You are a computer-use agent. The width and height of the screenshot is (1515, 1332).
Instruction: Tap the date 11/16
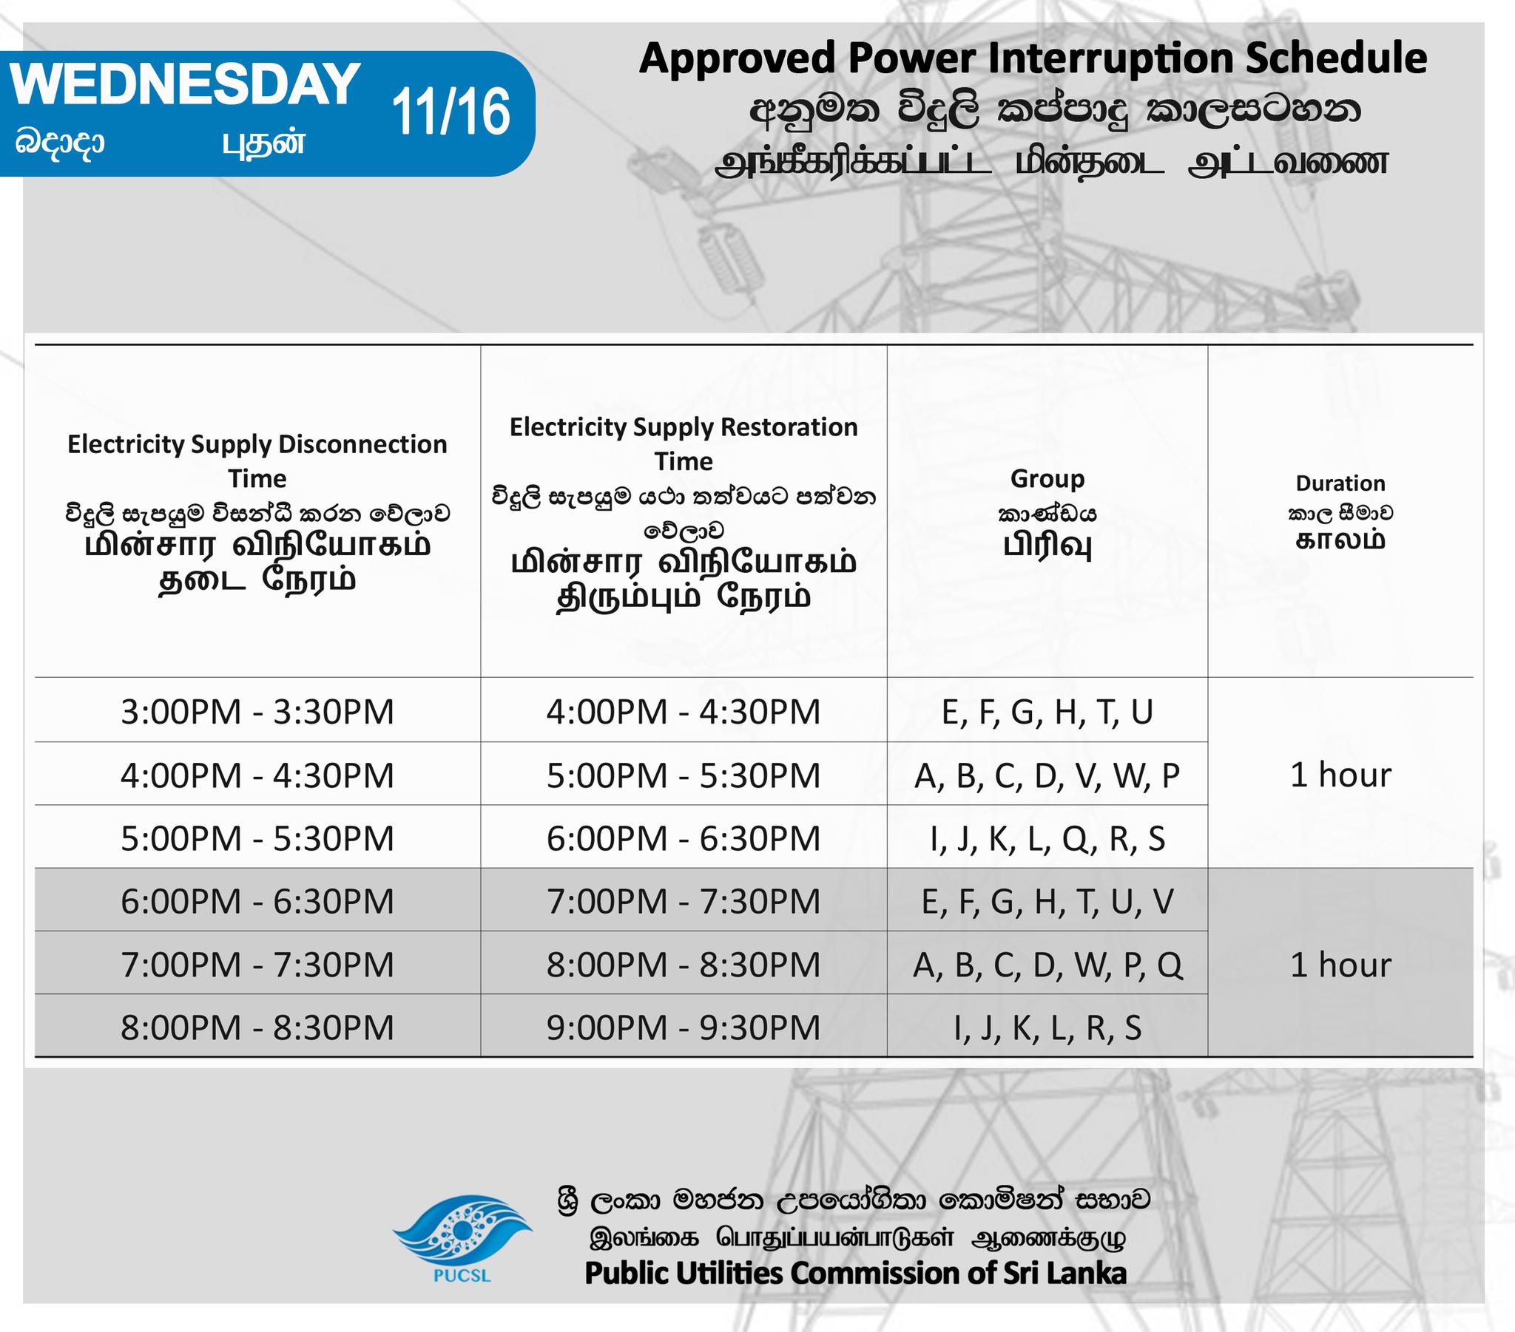tap(451, 112)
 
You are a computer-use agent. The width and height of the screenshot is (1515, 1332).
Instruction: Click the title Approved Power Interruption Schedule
tap(1033, 58)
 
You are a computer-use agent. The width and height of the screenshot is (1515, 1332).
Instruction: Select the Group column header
tap(1047, 479)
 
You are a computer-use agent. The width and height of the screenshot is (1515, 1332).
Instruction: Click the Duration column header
tap(1340, 483)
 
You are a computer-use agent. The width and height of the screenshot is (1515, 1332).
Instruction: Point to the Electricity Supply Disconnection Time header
tap(257, 461)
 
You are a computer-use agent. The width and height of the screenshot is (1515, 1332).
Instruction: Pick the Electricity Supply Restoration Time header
tap(684, 444)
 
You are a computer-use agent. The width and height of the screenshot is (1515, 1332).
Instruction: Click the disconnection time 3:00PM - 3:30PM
tap(257, 712)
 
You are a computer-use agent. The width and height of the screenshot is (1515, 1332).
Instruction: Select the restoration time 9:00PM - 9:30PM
tap(684, 1027)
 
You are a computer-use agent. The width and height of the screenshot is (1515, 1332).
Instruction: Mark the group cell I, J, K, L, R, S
tap(1047, 1028)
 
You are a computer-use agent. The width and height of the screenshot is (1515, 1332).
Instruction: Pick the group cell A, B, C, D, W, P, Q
tap(1047, 965)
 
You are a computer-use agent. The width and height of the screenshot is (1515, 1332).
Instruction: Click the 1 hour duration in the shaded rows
tap(1340, 965)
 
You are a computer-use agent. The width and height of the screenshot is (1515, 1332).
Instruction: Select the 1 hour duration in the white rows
tap(1340, 775)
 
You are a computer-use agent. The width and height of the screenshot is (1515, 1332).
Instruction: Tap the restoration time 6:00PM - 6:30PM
tap(684, 839)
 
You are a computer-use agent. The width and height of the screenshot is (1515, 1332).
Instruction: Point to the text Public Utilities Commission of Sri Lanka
tap(855, 1274)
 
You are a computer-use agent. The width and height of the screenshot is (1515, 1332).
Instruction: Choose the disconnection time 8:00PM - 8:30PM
tap(257, 1027)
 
